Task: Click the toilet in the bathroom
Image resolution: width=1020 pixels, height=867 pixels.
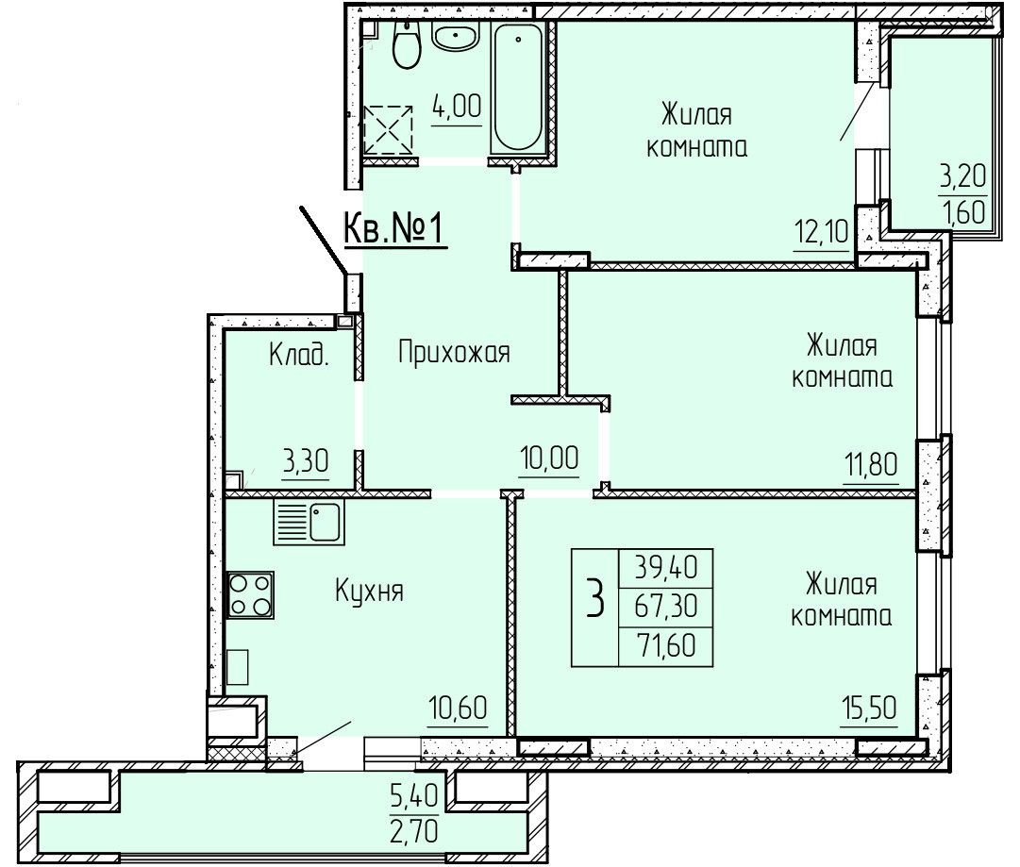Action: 407,42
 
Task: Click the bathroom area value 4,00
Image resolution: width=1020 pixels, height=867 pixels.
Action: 457,106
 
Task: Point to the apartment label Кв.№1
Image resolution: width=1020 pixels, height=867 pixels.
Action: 394,229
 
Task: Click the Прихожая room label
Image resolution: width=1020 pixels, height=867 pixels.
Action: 454,353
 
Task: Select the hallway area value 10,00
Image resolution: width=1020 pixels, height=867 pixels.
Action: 550,458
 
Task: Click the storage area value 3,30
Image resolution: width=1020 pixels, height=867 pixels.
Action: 305,461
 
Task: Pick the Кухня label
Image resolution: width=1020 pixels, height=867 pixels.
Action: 370,592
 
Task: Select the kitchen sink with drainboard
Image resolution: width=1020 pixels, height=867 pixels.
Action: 309,523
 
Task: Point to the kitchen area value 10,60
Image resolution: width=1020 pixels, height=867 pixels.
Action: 458,709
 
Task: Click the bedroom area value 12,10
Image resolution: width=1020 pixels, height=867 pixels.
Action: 822,231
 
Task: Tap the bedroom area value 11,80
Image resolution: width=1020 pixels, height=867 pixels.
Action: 871,465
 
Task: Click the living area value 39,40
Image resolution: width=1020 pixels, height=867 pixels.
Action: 666,568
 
